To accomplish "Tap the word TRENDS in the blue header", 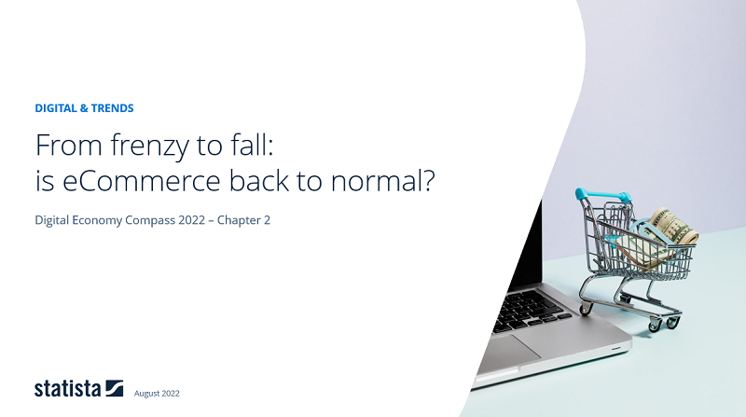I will tap(113, 108).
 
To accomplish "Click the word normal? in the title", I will tap(389, 180).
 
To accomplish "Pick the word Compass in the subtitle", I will tap(154, 220).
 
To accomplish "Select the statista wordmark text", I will tap(67, 389).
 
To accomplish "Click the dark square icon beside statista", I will tap(115, 388).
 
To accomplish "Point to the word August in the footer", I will tap(146, 394).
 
